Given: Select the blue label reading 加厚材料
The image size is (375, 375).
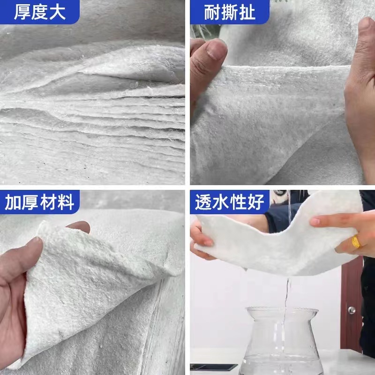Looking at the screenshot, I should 40,202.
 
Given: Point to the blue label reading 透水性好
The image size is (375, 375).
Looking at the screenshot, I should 230,202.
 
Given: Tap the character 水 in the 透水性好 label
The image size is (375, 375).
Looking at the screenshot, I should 221,202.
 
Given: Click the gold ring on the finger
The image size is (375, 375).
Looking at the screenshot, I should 356,242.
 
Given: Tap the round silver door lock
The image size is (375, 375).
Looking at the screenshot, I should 351,310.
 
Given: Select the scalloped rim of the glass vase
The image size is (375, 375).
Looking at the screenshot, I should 283,311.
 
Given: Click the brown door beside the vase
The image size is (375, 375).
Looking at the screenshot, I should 352,300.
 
